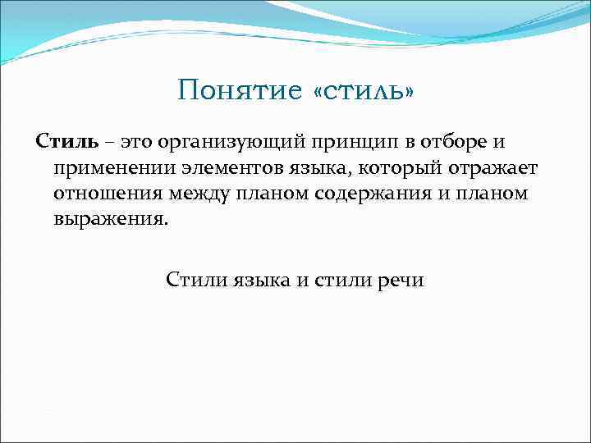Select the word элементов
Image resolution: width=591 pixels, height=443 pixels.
pos(236,169)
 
